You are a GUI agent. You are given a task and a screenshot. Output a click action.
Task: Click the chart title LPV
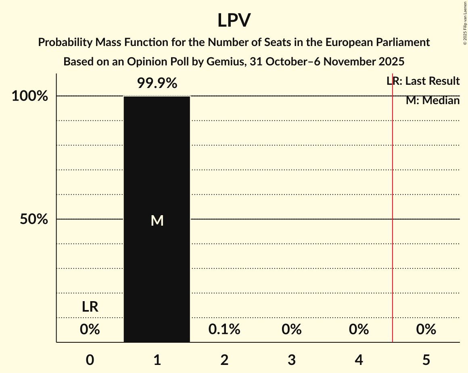pos(234,21)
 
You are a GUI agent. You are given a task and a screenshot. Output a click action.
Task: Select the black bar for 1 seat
pos(157,262)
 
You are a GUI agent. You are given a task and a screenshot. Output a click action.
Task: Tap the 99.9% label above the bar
pos(157,84)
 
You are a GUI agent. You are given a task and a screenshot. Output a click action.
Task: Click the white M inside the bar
pos(157,220)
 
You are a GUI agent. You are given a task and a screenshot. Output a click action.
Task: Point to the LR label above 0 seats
pos(90,307)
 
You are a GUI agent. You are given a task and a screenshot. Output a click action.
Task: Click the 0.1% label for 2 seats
pos(224,329)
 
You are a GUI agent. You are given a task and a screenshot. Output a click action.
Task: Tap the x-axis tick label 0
pos(90,359)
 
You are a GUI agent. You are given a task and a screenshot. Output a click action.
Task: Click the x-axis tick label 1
pos(157,359)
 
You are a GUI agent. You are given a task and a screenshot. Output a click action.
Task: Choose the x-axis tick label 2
pos(224,359)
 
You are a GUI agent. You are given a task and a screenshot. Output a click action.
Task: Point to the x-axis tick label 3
pos(292,359)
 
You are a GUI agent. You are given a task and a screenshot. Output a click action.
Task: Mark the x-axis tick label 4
pos(359,359)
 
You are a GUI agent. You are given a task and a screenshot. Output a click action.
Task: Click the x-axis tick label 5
pos(426,359)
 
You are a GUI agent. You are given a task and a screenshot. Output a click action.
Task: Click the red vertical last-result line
pos(393,202)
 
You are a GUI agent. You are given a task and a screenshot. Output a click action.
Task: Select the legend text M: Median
pos(432,101)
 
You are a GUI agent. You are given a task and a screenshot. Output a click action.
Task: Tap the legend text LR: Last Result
pos(423,81)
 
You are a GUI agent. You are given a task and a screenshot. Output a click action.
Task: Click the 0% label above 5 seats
pos(426,329)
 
